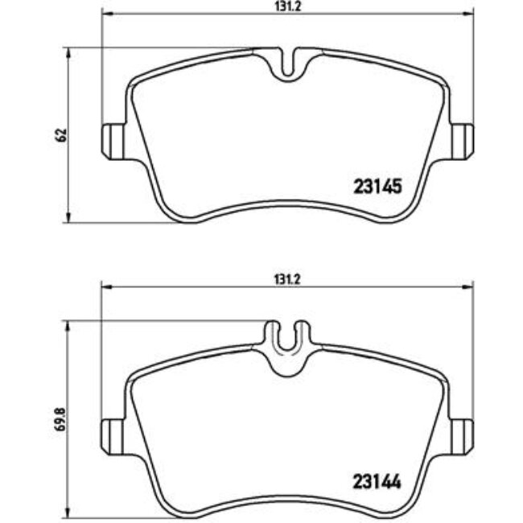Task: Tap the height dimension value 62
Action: click(59, 134)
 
